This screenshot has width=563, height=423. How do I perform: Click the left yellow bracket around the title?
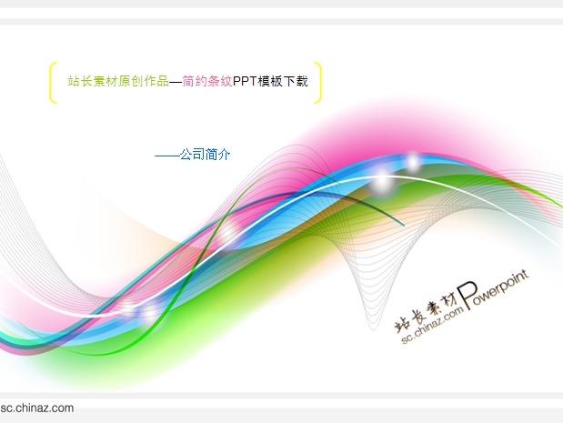(50, 83)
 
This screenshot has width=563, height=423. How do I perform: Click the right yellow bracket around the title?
(319, 83)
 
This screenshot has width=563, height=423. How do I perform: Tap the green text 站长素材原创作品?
(118, 81)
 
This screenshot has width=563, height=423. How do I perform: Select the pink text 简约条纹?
(207, 81)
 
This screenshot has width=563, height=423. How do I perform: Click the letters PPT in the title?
(245, 81)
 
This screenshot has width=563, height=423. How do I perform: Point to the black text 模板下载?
(283, 81)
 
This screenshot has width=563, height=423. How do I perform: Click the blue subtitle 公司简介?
(205, 155)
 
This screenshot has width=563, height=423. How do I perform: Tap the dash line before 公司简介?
(167, 156)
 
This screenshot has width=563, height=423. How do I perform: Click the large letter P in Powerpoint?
(467, 295)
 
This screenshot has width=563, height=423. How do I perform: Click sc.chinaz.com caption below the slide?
(37, 408)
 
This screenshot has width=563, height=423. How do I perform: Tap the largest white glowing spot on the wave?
(383, 183)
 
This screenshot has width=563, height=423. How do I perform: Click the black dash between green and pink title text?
(176, 82)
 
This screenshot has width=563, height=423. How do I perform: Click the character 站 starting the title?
(74, 81)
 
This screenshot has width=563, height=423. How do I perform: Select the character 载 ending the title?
(302, 81)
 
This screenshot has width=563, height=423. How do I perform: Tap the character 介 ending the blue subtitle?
(224, 155)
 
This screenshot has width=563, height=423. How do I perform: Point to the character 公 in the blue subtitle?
(186, 155)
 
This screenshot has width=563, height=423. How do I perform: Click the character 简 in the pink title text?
(188, 81)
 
